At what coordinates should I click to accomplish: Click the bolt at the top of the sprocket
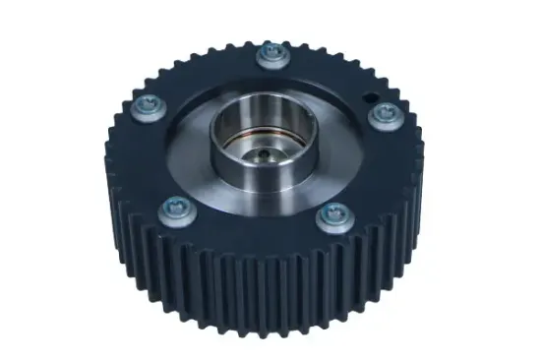(x=270, y=54)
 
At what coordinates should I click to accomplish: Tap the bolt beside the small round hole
(x=382, y=115)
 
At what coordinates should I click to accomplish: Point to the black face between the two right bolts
(x=379, y=167)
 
